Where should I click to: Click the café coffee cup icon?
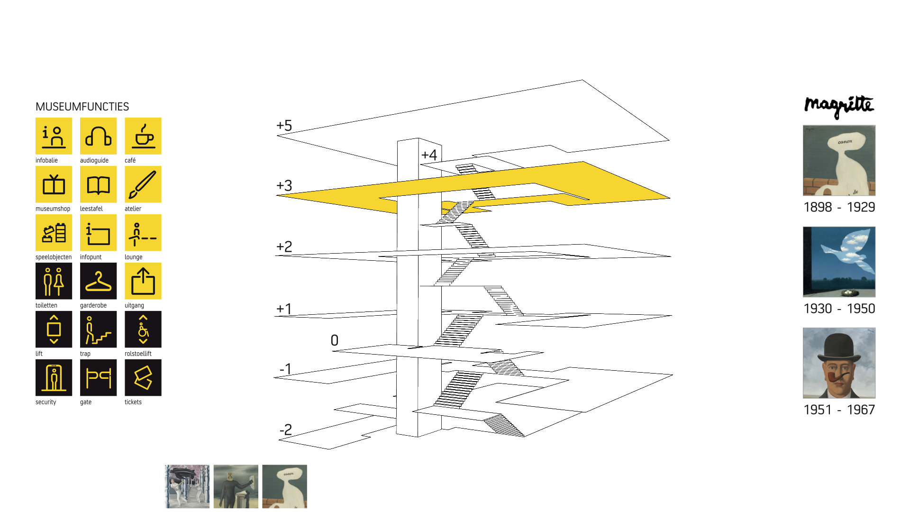pyautogui.click(x=143, y=136)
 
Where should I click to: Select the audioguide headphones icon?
pyautogui.click(x=99, y=136)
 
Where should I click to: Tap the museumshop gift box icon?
pyautogui.click(x=54, y=184)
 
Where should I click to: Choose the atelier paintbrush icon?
pyautogui.click(x=143, y=184)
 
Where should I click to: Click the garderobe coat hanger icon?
pyautogui.click(x=99, y=281)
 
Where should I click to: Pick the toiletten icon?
pyautogui.click(x=54, y=281)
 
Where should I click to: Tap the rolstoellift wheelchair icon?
pyautogui.click(x=143, y=329)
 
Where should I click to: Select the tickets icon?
pyautogui.click(x=143, y=378)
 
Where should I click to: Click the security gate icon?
pyautogui.click(x=54, y=378)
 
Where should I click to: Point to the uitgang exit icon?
pyautogui.click(x=143, y=281)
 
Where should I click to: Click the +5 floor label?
pyautogui.click(x=284, y=126)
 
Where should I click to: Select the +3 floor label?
pyautogui.click(x=284, y=185)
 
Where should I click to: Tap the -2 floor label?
pyautogui.click(x=286, y=430)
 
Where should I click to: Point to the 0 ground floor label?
pyautogui.click(x=335, y=340)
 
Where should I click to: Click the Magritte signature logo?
pyautogui.click(x=839, y=106)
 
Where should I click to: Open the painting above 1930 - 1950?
pyautogui.click(x=839, y=262)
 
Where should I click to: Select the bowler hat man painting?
pyautogui.click(x=839, y=363)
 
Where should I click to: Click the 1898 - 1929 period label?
pyautogui.click(x=839, y=207)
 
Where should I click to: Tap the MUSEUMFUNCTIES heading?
pyautogui.click(x=82, y=107)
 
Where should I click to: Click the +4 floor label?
pyautogui.click(x=429, y=155)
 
